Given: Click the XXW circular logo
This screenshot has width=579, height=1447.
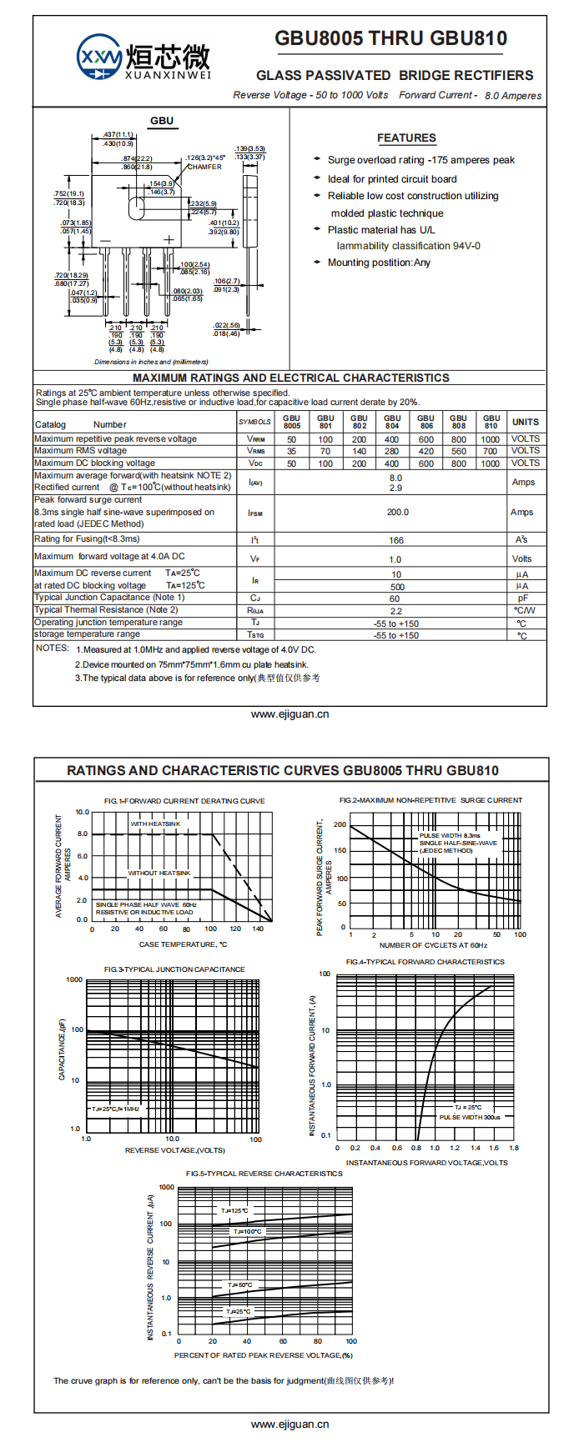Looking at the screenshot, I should click(x=99, y=58).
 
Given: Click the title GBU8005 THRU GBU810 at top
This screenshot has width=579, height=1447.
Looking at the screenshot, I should click(x=390, y=38).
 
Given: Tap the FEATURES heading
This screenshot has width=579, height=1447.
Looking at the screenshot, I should click(x=406, y=138).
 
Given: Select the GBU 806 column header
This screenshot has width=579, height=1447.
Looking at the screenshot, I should click(x=425, y=422).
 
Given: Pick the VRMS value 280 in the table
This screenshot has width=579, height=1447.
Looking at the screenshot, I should click(x=391, y=451).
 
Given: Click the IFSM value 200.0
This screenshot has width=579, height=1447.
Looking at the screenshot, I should click(x=397, y=513).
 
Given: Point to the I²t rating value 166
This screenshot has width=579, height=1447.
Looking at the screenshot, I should click(x=396, y=540).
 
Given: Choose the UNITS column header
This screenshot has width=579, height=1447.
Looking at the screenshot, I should click(x=525, y=422).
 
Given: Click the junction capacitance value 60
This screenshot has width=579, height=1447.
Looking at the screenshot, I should click(x=395, y=598).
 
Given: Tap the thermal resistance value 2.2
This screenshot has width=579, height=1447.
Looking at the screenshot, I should click(x=395, y=611).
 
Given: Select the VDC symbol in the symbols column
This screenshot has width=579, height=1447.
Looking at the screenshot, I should click(x=255, y=463).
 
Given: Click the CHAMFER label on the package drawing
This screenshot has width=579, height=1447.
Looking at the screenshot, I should click(x=204, y=167).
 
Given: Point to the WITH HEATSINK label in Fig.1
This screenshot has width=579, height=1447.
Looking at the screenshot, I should click(x=155, y=824).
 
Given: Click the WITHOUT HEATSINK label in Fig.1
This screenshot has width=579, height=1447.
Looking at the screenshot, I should click(x=159, y=873).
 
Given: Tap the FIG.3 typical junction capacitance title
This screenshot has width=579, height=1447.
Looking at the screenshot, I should click(x=174, y=969).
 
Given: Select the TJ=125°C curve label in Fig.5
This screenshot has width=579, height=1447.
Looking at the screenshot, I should click(x=234, y=1210).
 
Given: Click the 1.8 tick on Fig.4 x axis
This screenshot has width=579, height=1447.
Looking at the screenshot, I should click(x=513, y=1148).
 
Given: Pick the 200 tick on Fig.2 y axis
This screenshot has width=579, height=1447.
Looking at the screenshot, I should click(x=340, y=824).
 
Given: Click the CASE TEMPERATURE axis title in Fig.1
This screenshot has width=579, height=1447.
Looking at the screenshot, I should click(x=183, y=944).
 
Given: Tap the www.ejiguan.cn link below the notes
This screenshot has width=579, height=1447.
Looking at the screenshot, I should click(x=289, y=714).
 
